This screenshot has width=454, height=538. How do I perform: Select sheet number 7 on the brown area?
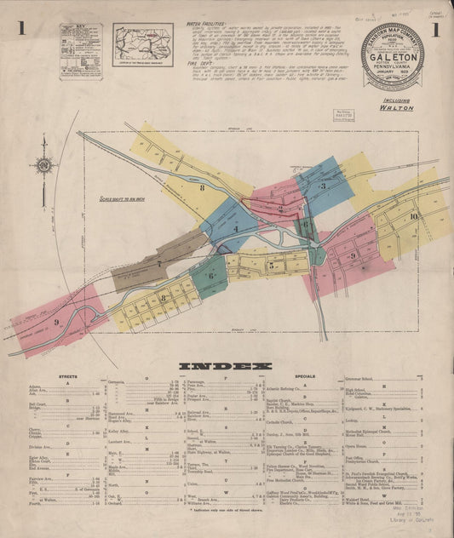click(x=159, y=264)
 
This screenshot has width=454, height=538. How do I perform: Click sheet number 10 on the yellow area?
click(x=413, y=216)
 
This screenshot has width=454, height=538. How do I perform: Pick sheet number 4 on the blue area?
click(x=235, y=228)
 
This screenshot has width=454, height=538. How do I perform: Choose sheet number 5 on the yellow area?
click(x=271, y=265)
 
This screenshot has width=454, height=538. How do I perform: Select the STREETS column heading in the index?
click(x=68, y=375)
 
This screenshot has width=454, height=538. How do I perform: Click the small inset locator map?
click(x=142, y=43)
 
